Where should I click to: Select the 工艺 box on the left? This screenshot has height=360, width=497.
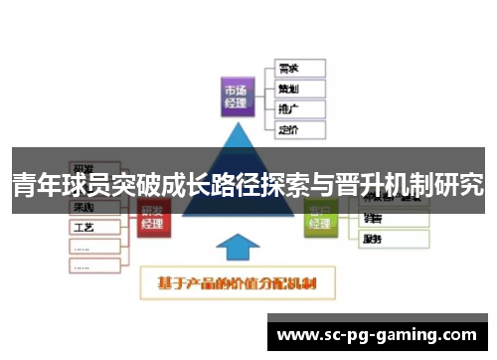click(94, 227)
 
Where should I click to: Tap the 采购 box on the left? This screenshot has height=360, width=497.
click(94, 208)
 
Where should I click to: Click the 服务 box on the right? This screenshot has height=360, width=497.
click(395, 239)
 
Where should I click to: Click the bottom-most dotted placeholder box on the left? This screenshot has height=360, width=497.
click(94, 265)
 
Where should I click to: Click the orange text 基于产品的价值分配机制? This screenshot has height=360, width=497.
click(245, 283)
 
